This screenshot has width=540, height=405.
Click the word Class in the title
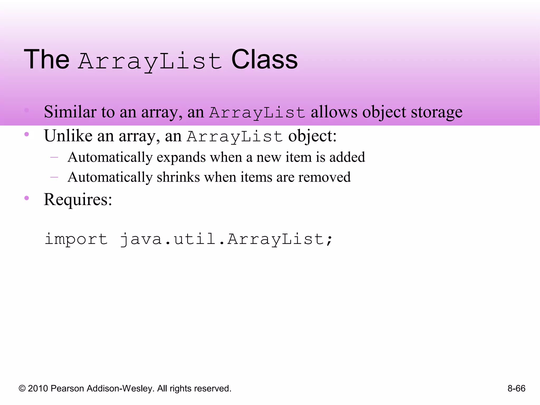pos(264,60)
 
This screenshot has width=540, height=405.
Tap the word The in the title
pos(47,60)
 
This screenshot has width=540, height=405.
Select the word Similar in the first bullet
pos(70,112)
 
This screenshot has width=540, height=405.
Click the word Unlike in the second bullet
pos(68,136)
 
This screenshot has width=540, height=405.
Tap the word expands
pos(181,157)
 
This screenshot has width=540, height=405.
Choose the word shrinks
pos(178,177)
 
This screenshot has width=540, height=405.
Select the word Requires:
pos(78,199)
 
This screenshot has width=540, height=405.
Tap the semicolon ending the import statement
pos(329,240)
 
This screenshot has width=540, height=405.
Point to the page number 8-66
pos(516,388)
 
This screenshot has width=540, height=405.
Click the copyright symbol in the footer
pos(22,389)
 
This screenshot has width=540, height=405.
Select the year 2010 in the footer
pos(38,388)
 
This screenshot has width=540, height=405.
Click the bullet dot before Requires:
pos(26,198)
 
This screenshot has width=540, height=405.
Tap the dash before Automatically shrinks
pos(54,177)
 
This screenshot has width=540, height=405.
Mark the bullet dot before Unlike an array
pos(26,134)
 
